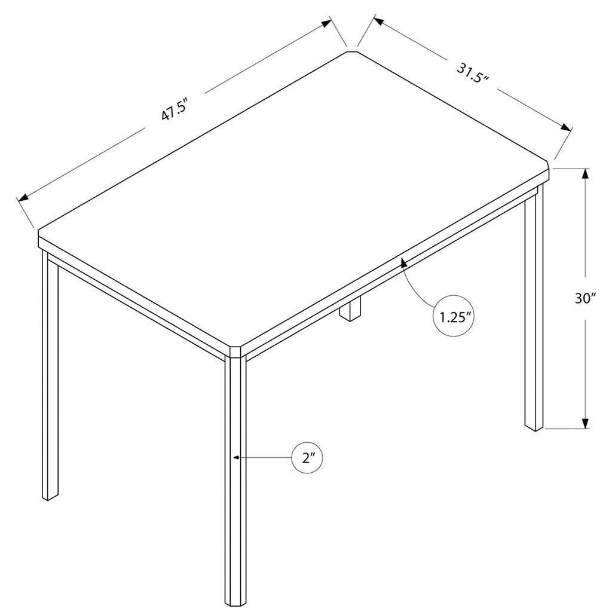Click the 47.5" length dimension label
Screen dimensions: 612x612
pyautogui.click(x=175, y=110)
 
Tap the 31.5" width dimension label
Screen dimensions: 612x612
pyautogui.click(x=472, y=74)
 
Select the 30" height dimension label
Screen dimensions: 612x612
pyautogui.click(x=585, y=299)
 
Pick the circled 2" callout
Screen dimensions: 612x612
pyautogui.click(x=307, y=458)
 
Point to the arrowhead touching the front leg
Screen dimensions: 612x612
pyautogui.click(x=237, y=457)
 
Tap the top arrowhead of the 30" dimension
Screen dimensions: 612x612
pyautogui.click(x=585, y=174)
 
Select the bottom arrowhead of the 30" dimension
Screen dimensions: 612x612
pyautogui.click(x=585, y=423)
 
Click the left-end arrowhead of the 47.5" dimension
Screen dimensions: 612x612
pyautogui.click(x=24, y=197)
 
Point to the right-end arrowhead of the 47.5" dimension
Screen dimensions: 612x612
pyautogui.click(x=326, y=23)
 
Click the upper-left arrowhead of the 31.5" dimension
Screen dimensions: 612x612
pyautogui.click(x=379, y=21)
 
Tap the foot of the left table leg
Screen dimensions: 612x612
pyautogui.click(x=50, y=497)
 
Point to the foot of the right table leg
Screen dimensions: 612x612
pyautogui.click(x=534, y=428)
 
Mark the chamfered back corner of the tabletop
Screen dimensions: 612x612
pyautogui.click(x=352, y=51)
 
